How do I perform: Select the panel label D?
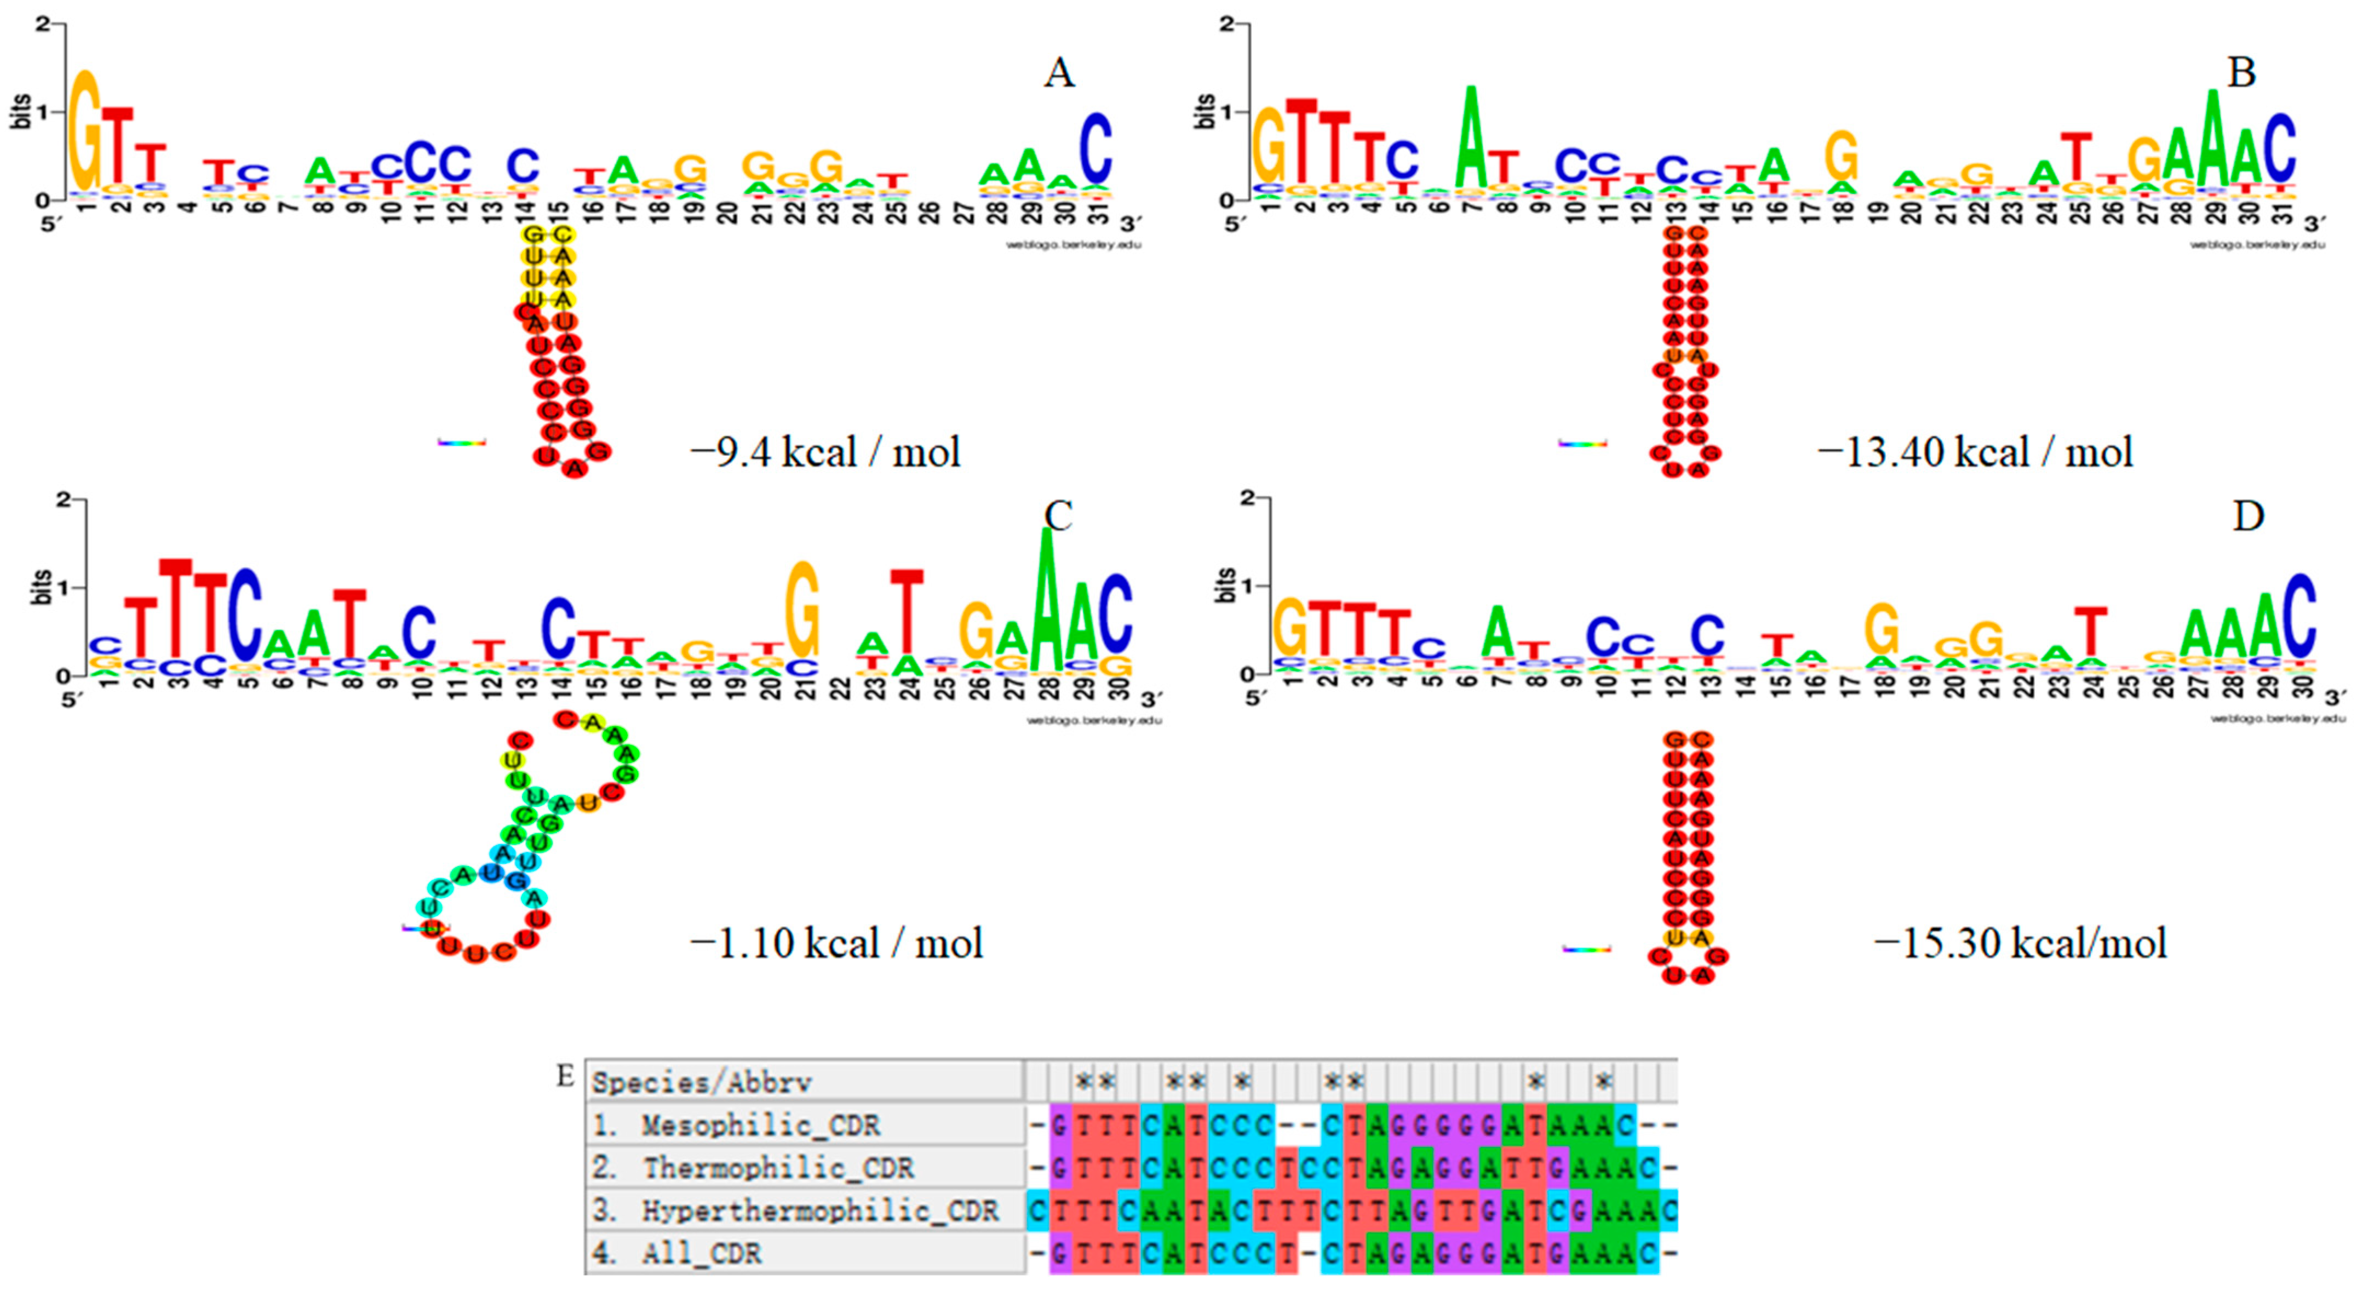2248,517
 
